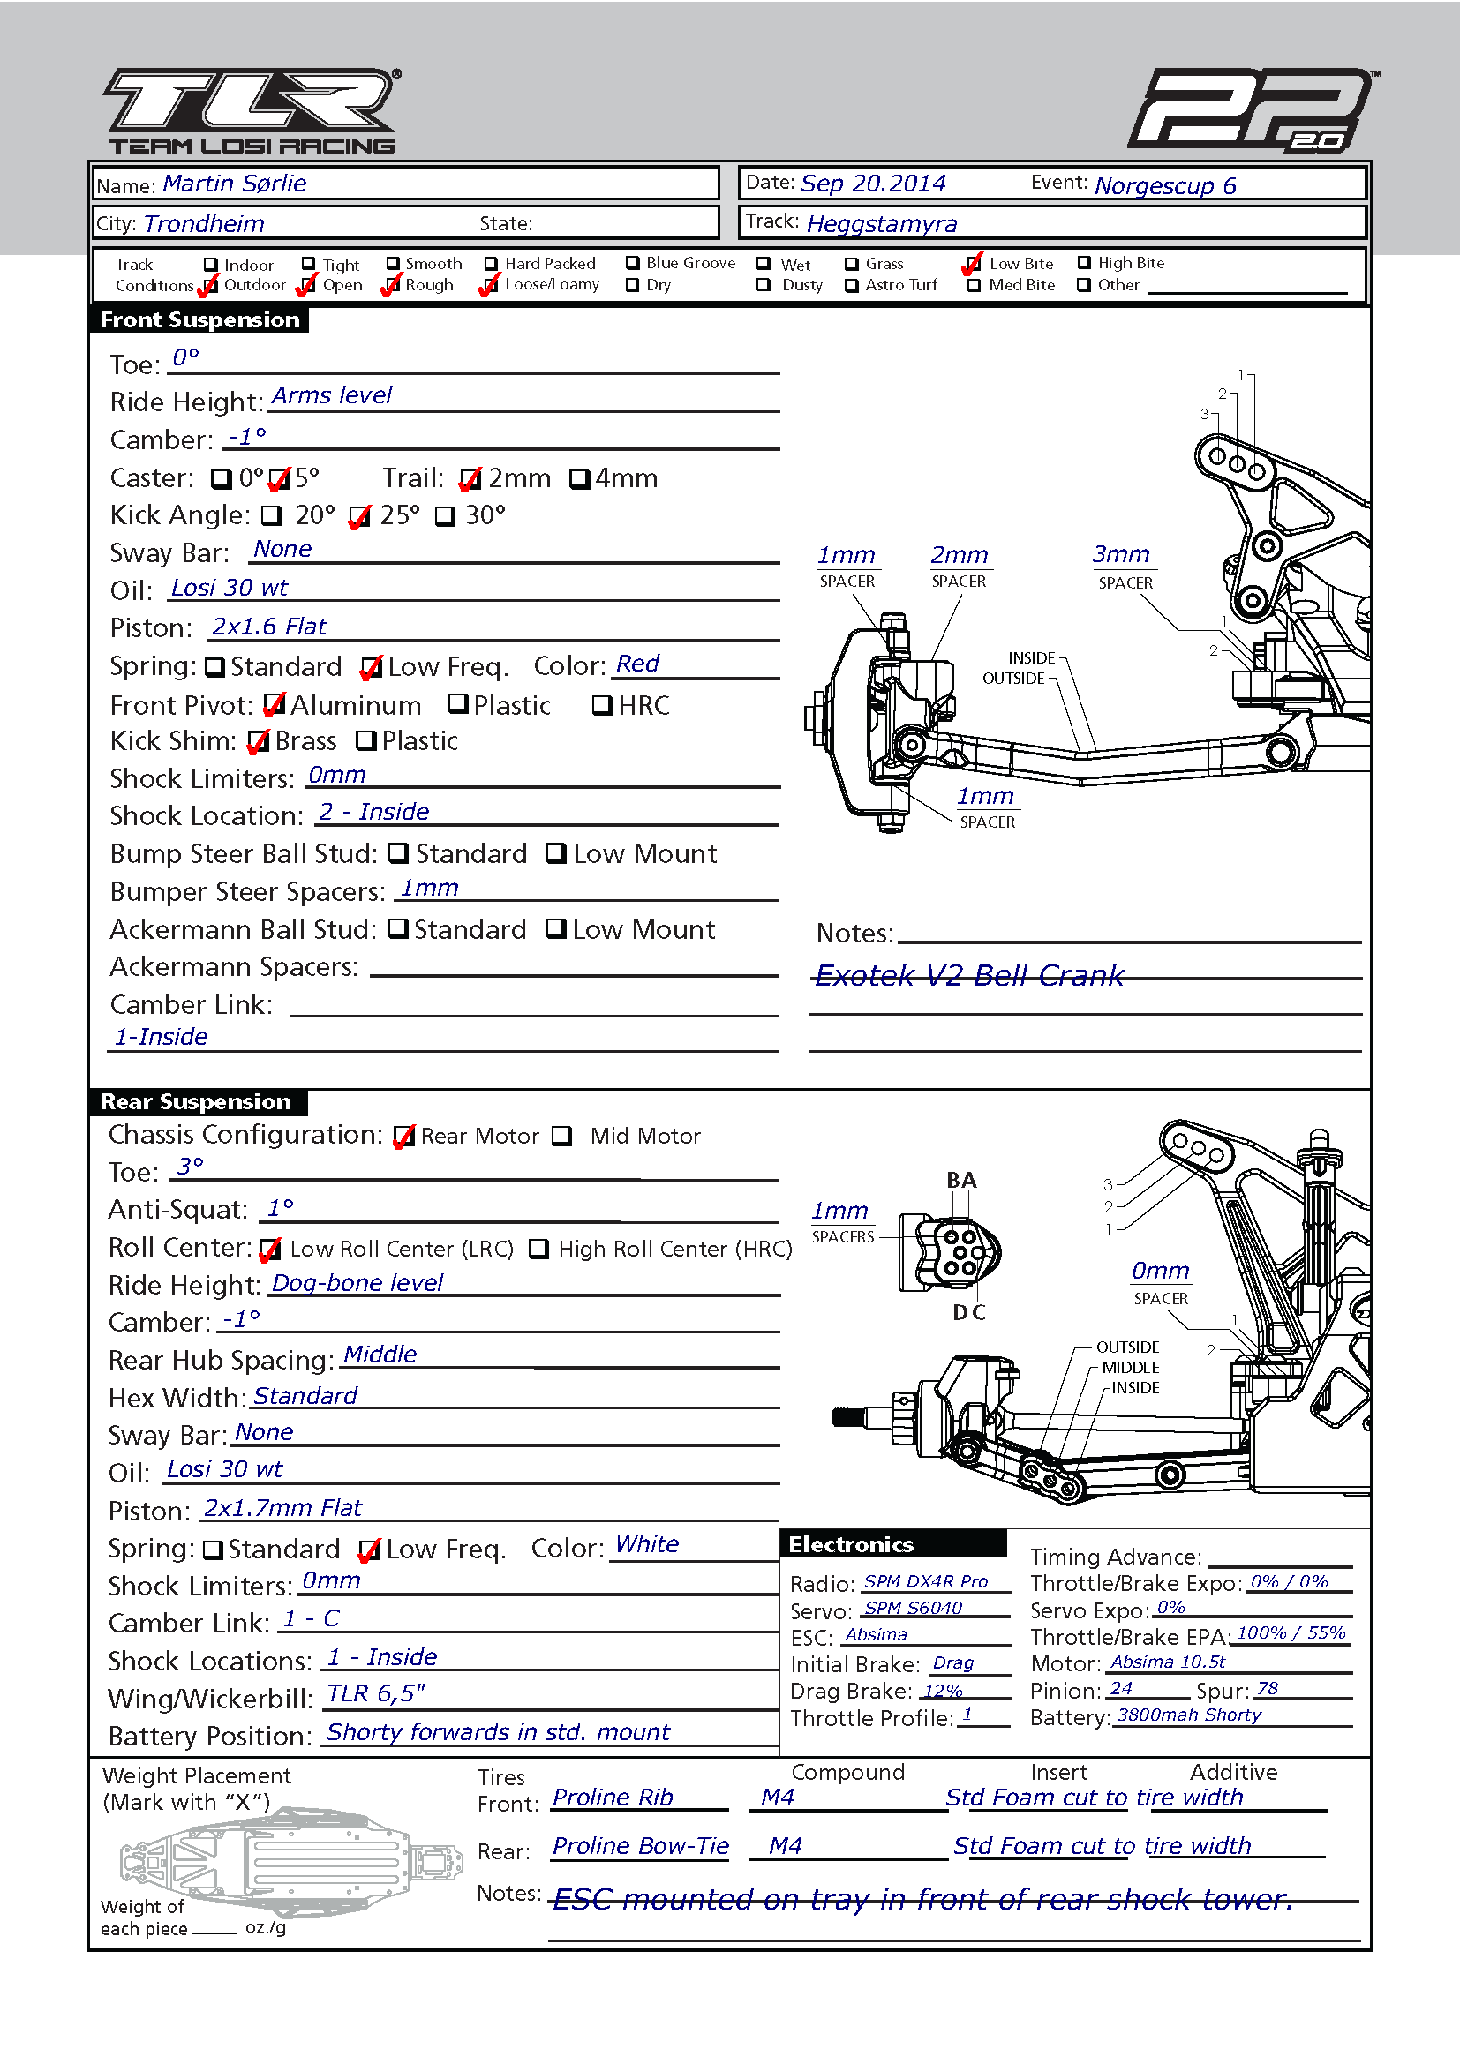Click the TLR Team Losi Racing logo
(252, 110)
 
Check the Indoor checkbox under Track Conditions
(210, 265)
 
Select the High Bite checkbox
(1084, 262)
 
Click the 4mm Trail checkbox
(580, 478)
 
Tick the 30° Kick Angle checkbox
(446, 516)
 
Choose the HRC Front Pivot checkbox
(602, 706)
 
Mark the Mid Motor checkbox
(562, 1137)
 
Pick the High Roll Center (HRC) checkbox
(538, 1249)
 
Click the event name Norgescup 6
(1165, 185)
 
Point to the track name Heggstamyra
(882, 224)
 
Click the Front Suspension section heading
(199, 320)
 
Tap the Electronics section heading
(851, 1544)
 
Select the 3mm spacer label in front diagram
(1121, 554)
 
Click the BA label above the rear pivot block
(961, 1181)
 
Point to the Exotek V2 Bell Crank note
(969, 975)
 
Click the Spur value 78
(1268, 1688)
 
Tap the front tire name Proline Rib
(613, 1797)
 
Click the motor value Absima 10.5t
(1168, 1662)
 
